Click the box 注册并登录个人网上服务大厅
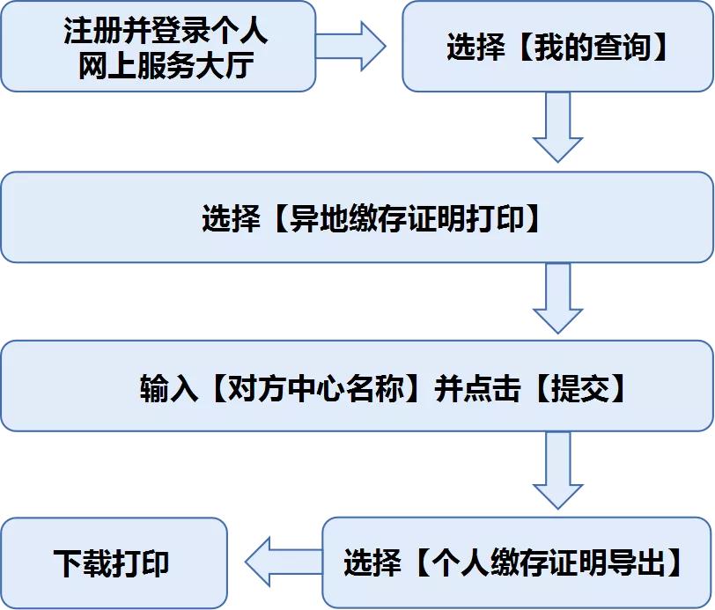(x=158, y=47)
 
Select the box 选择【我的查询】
(x=557, y=47)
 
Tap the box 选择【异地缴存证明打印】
(x=357, y=217)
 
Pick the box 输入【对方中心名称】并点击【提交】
(x=357, y=387)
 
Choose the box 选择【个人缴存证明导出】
(x=516, y=562)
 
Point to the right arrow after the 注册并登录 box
(x=350, y=46)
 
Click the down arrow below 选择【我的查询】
(x=558, y=127)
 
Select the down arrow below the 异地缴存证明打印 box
(x=558, y=298)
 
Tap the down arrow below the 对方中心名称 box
(x=558, y=470)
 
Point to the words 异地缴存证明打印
(x=406, y=218)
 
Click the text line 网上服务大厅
(x=166, y=65)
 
